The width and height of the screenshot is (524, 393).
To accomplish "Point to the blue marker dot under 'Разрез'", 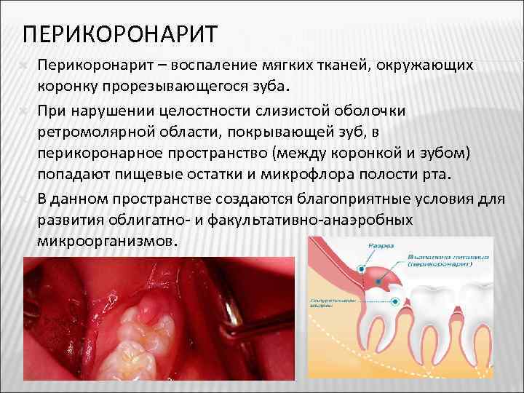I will (x=361, y=269).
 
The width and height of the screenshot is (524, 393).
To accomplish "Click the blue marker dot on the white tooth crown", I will (x=395, y=301).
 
